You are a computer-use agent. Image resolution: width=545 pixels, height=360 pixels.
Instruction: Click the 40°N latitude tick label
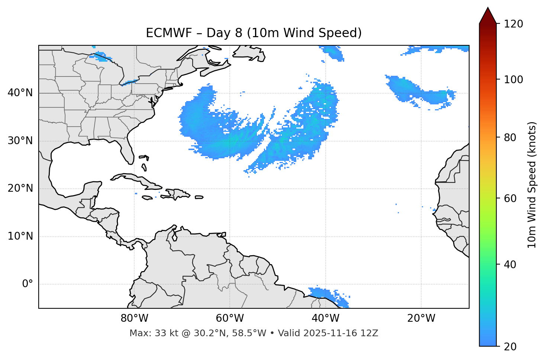20,93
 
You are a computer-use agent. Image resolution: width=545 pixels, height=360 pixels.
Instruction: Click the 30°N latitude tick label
20,141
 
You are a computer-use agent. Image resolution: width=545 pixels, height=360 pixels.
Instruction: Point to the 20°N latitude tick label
20,188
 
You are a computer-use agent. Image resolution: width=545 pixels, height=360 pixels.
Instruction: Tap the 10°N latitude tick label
20,236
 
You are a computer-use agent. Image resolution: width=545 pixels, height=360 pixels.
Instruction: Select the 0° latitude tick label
28,284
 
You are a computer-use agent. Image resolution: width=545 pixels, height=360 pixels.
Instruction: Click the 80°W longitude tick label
134,318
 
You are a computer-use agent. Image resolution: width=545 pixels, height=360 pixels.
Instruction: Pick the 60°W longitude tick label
230,318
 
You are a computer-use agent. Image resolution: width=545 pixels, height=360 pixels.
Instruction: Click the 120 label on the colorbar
513,24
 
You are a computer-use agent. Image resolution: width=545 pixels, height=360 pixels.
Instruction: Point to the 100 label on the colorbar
513,80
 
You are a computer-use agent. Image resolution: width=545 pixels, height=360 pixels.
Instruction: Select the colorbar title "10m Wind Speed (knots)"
532,185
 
